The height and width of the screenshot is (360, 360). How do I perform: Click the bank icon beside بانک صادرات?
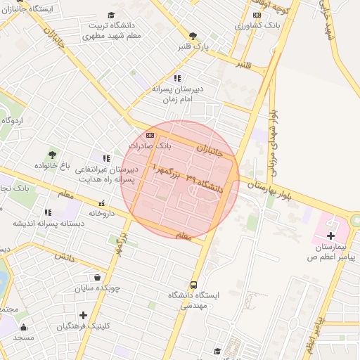149,135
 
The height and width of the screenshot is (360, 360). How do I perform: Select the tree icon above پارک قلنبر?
193,35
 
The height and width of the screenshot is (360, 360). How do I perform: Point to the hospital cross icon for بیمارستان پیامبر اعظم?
330,228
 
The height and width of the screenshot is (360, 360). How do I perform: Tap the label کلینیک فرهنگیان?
83,326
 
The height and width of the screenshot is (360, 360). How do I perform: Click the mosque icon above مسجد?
23,326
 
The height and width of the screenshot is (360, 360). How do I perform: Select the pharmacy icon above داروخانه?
101,202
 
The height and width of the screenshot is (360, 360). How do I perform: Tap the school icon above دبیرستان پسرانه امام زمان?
177,78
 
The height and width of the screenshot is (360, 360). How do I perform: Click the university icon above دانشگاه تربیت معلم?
111,15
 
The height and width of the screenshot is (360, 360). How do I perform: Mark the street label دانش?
65,257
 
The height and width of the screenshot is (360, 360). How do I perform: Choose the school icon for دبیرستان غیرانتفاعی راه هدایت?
106,159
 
